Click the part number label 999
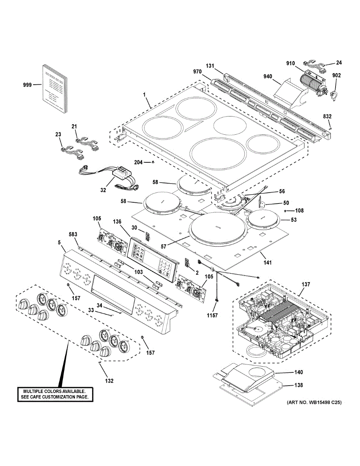28,85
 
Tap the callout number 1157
212,315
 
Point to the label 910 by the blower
290,63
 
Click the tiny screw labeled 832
330,129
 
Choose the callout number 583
73,235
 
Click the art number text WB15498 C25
323,403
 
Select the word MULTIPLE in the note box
32,391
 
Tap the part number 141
267,263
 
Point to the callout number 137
306,284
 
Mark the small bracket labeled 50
262,202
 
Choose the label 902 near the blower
336,75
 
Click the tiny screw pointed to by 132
99,362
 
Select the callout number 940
268,77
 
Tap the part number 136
117,222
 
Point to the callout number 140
299,372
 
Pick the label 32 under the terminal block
103,190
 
